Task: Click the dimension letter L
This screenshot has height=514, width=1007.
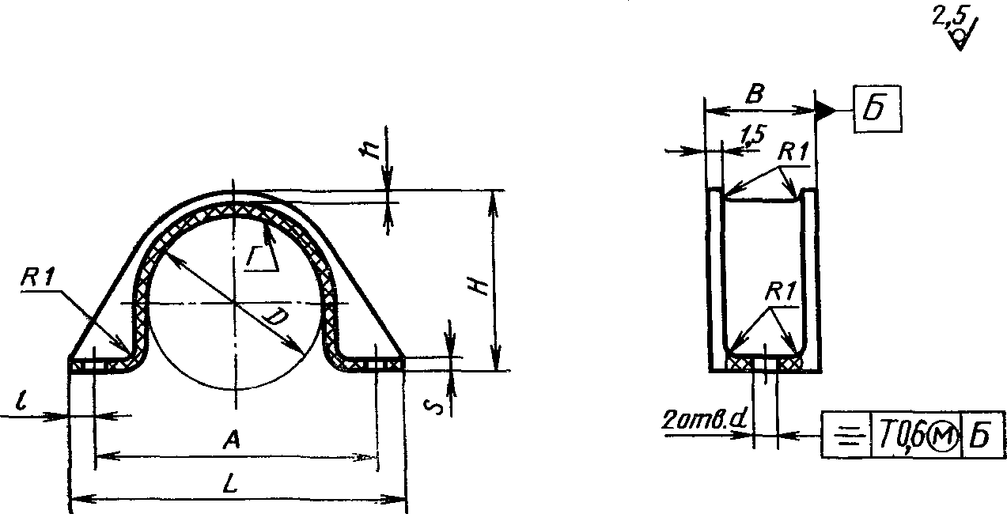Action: tap(230, 483)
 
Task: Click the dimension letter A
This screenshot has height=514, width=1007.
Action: tap(232, 439)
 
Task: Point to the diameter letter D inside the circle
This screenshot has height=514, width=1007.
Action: tap(275, 317)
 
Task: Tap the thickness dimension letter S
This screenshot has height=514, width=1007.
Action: tap(435, 406)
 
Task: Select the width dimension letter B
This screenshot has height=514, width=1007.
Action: tap(755, 94)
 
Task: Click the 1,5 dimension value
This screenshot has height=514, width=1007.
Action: tap(751, 135)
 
